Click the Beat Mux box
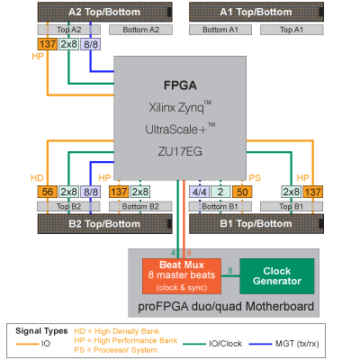182,276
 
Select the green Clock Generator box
277,276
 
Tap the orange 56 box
48,192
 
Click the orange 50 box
242,192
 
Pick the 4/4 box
199,192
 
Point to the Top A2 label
69,30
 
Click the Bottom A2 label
140,30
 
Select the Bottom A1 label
220,30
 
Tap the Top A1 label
292,30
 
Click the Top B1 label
292,206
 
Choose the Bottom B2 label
140,206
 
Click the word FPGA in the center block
180,85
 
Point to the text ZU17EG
180,151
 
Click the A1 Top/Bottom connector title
256,12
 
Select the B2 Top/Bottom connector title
104,224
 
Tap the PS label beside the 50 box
255,178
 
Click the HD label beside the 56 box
37,178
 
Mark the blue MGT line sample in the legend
260,344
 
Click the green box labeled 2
220,192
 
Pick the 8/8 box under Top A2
91,44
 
